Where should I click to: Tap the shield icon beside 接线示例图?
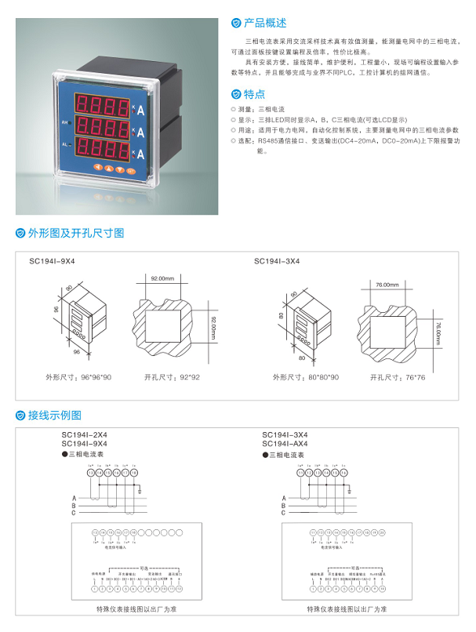pos(20,416)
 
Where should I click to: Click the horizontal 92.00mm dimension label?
pos(162,278)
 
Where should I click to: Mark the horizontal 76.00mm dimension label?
pos(387,285)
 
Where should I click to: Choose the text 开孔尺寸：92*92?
pos(172,377)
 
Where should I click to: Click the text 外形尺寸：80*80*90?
pos(305,377)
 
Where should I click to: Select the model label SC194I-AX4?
pos(285,443)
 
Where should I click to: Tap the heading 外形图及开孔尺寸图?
pos(76,233)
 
